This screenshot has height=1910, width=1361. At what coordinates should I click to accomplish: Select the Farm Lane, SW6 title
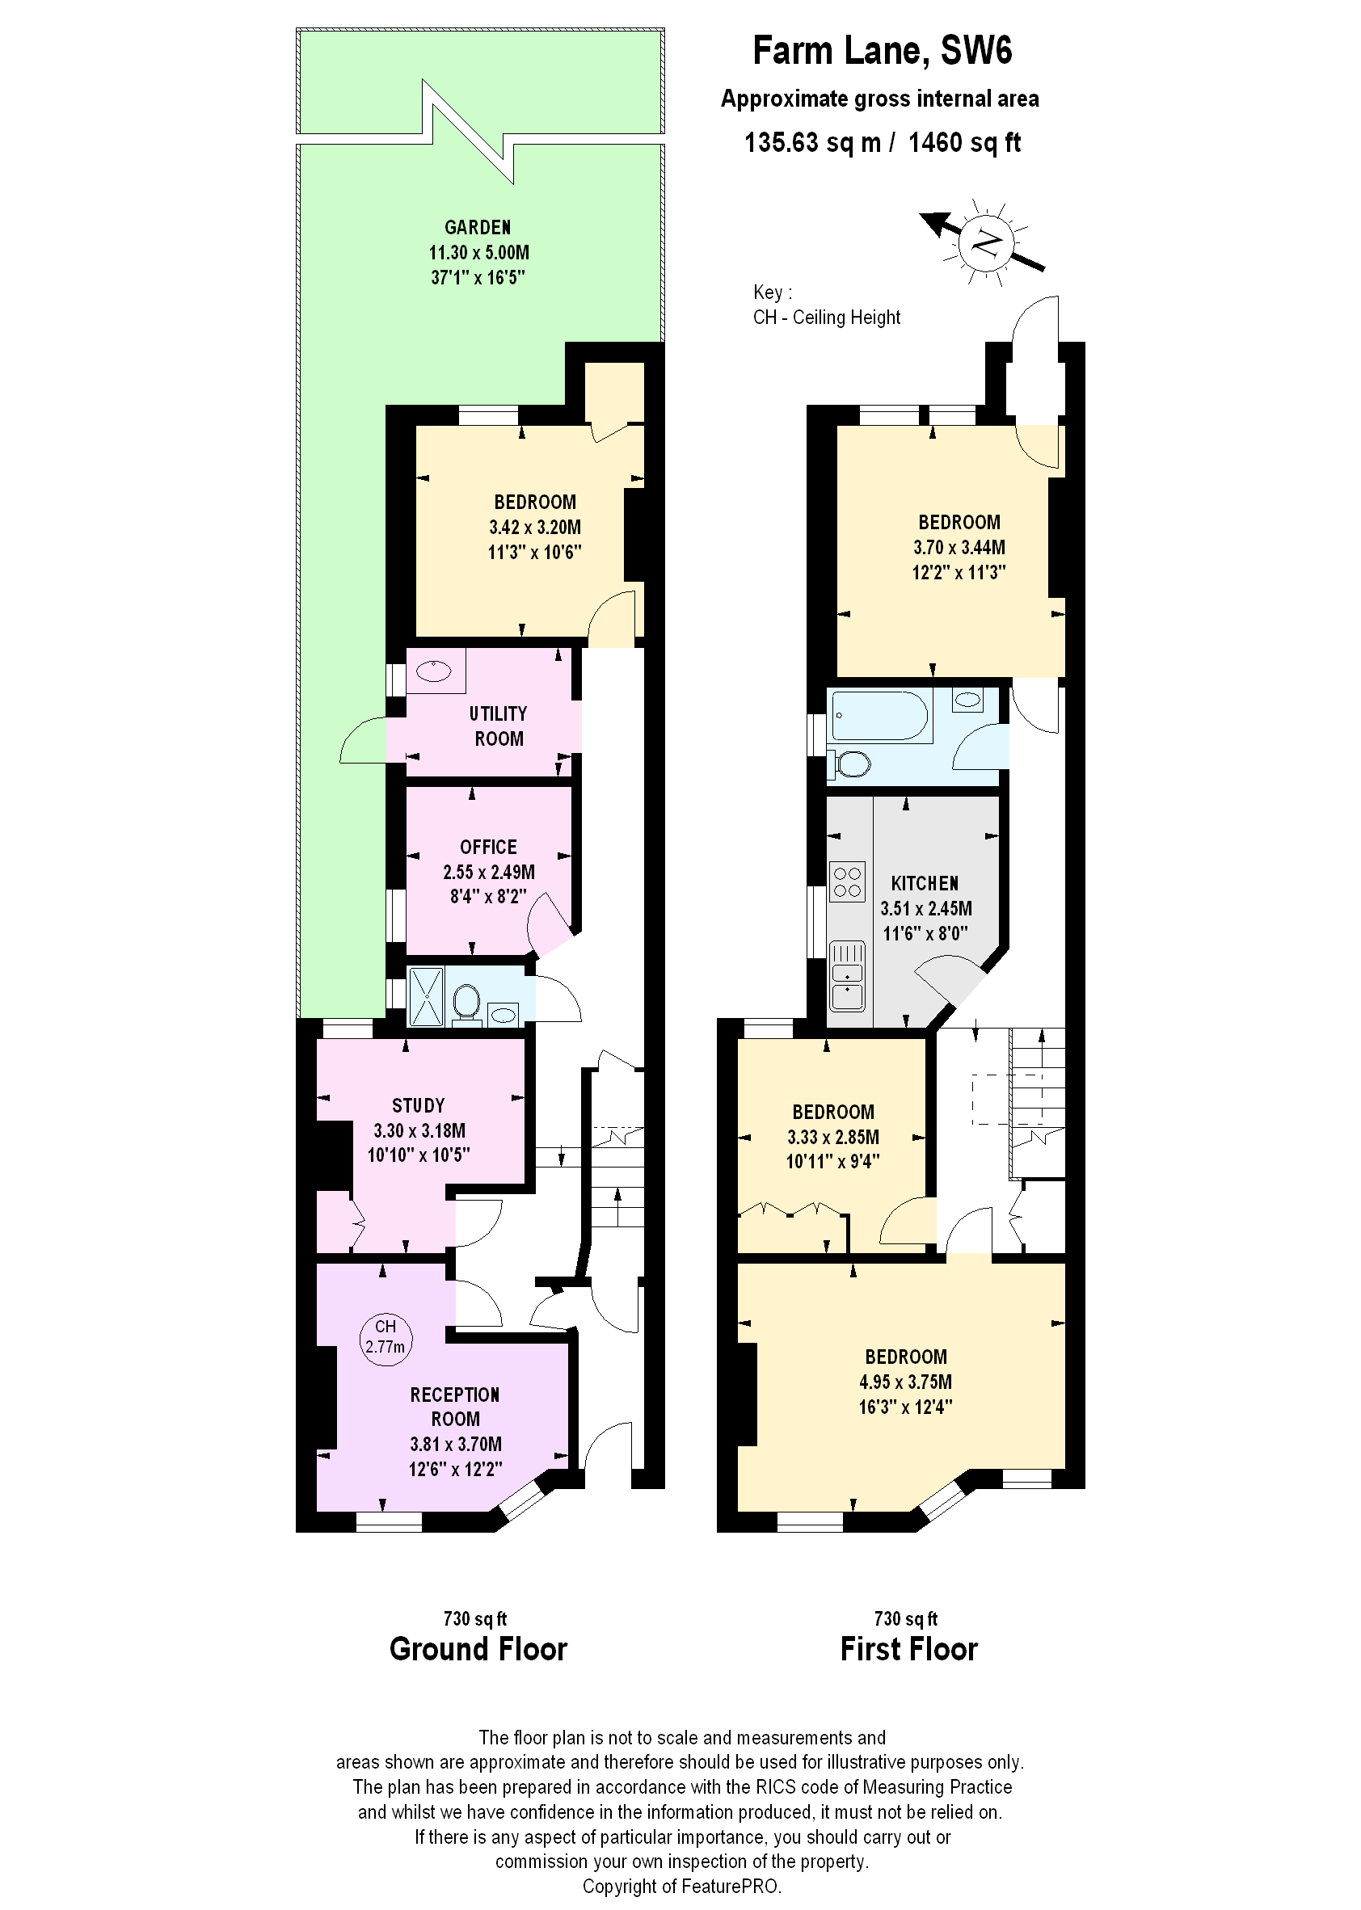tap(882, 50)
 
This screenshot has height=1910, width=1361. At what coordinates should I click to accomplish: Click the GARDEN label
tap(478, 227)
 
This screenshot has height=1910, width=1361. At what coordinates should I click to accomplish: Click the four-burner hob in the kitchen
tap(847, 882)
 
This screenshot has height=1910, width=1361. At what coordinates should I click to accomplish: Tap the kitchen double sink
tap(847, 985)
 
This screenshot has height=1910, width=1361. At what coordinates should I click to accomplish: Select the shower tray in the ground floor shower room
tap(426, 996)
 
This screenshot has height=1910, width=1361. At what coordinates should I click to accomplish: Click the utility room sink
tap(434, 671)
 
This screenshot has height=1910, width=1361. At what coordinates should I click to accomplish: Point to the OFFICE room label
tap(489, 847)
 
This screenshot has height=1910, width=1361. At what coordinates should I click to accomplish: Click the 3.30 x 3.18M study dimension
tap(419, 1130)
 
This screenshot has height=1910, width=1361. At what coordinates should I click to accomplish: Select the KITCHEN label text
tap(925, 884)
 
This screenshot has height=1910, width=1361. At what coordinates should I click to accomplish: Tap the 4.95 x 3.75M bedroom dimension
tap(905, 1382)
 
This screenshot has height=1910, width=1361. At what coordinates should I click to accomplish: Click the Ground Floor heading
tap(478, 1649)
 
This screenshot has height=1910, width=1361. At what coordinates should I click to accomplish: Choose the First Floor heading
tap(908, 1649)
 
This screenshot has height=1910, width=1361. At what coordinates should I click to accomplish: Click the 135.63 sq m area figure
tap(812, 142)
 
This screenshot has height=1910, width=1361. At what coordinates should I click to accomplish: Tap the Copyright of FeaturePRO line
tap(681, 1886)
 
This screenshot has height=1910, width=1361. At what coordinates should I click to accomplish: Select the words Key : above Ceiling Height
tap(772, 292)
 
